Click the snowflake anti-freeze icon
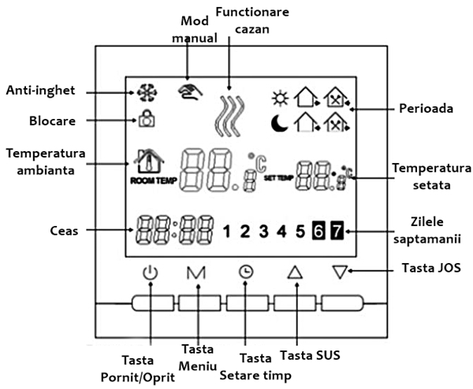point(144,93)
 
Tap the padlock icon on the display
point(146,120)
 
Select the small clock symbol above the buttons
point(246,272)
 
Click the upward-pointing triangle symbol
point(295,273)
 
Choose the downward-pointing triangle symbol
point(340,273)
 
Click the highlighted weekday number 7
point(337,231)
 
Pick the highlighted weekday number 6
point(318,231)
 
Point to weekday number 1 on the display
point(227,232)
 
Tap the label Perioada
point(424,109)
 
